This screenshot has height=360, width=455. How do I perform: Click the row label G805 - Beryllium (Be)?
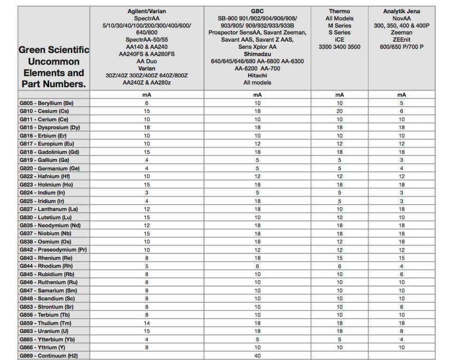46,103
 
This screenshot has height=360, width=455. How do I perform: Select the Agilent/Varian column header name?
147,11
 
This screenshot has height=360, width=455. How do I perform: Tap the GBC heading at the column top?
258,11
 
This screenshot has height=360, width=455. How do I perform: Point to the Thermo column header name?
339,11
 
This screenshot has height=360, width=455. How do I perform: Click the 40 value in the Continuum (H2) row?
258,356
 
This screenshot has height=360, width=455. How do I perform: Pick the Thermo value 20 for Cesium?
339,111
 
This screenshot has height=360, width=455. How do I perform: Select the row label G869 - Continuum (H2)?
48,356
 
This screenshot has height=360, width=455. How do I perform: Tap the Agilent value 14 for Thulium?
147,323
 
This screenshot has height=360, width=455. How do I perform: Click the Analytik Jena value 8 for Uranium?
401,331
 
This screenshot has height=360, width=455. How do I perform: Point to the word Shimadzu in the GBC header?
258,54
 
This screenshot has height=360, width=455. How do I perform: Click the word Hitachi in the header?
258,75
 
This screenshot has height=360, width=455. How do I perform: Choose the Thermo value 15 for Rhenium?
339,258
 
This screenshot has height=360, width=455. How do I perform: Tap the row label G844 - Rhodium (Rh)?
45,266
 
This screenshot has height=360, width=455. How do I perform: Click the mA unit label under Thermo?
339,95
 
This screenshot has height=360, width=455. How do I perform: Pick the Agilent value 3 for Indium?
147,193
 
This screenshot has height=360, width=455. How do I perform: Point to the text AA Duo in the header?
147,61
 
